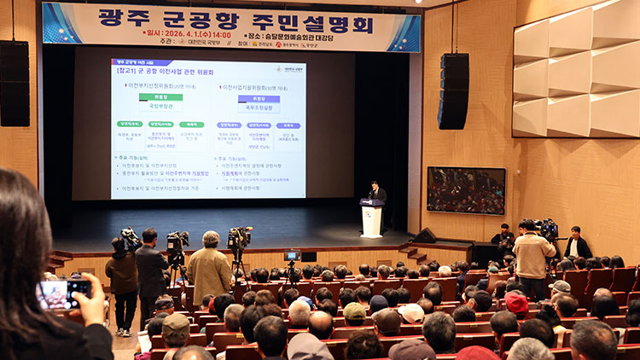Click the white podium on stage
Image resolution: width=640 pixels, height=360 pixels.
click(x=372, y=219)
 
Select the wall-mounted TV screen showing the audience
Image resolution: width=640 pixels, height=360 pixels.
click(x=466, y=189)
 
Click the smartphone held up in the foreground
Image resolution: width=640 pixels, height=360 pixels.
click(x=63, y=293)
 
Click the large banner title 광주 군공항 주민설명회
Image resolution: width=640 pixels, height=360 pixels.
click(x=230, y=16)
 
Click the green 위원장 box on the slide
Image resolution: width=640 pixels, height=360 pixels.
click(x=160, y=97)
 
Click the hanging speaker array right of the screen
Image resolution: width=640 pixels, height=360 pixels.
click(x=455, y=90)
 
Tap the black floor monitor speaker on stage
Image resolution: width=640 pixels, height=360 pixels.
click(x=424, y=235)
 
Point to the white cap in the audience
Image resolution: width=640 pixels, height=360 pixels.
click(x=411, y=312)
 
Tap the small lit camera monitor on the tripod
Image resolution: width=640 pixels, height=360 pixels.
click(x=293, y=255)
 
